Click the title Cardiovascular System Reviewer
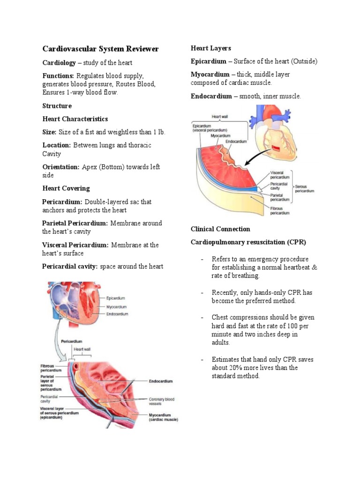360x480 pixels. coord(100,49)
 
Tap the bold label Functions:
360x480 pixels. coord(58,76)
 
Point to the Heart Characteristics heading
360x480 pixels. coord(75,119)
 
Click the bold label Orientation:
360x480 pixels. coord(61,167)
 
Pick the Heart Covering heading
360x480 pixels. coord(66,188)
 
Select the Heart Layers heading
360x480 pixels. coord(210,48)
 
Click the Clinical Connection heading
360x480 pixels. coord(220,229)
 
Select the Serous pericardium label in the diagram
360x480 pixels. coord(305,188)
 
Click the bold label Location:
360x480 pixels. coord(57,145)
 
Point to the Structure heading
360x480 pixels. coord(57,106)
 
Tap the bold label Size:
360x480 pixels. coord(49,132)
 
